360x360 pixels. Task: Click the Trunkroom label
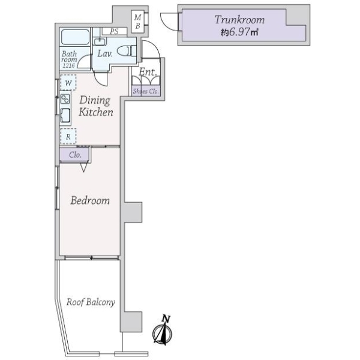click(239, 20)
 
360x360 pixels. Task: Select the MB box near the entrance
click(137, 22)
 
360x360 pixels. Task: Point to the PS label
click(113, 31)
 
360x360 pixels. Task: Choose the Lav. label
click(106, 53)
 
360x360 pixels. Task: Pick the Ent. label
click(147, 72)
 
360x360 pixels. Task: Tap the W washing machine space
click(68, 82)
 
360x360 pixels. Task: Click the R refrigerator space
click(68, 136)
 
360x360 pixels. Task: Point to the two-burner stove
click(65, 100)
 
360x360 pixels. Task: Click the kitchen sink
click(65, 116)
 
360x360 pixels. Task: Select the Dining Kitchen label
click(92, 106)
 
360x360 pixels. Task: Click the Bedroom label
click(90, 200)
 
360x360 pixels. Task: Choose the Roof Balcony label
click(91, 302)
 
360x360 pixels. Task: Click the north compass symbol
click(163, 331)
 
